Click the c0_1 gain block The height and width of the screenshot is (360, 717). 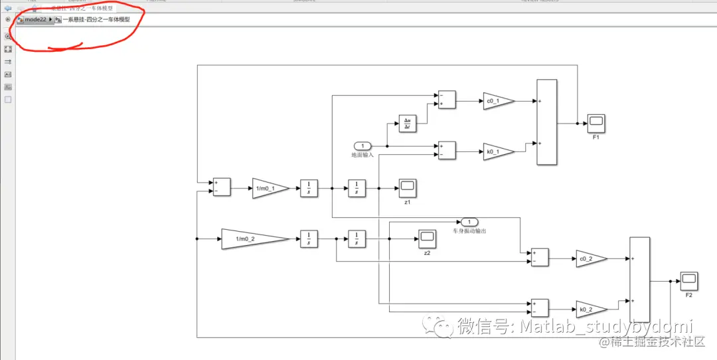pyautogui.click(x=497, y=101)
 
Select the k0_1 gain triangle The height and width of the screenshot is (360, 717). pyautogui.click(x=497, y=152)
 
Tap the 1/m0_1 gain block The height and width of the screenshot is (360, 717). pyautogui.click(x=270, y=188)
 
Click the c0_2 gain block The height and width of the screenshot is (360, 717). pyautogui.click(x=590, y=259)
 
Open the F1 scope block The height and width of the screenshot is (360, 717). pyautogui.click(x=596, y=123)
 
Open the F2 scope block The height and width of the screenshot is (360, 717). pyautogui.click(x=688, y=280)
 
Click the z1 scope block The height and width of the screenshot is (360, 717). pyautogui.click(x=407, y=188)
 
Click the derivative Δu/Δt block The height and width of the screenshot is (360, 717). pyautogui.click(x=407, y=124)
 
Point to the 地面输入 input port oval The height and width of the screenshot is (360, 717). pyautogui.click(x=362, y=145)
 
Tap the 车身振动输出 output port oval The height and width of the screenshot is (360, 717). pyautogui.click(x=469, y=222)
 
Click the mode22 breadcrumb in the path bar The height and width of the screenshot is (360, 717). pyautogui.click(x=35, y=20)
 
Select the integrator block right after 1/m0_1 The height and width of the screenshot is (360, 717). pyautogui.click(x=309, y=188)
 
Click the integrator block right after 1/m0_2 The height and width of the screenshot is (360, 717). pyautogui.click(x=309, y=238)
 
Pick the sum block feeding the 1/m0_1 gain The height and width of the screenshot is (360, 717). pyautogui.click(x=221, y=187)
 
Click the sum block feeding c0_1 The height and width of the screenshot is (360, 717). pyautogui.click(x=447, y=100)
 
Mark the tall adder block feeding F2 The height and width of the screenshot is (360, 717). pyautogui.click(x=639, y=280)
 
